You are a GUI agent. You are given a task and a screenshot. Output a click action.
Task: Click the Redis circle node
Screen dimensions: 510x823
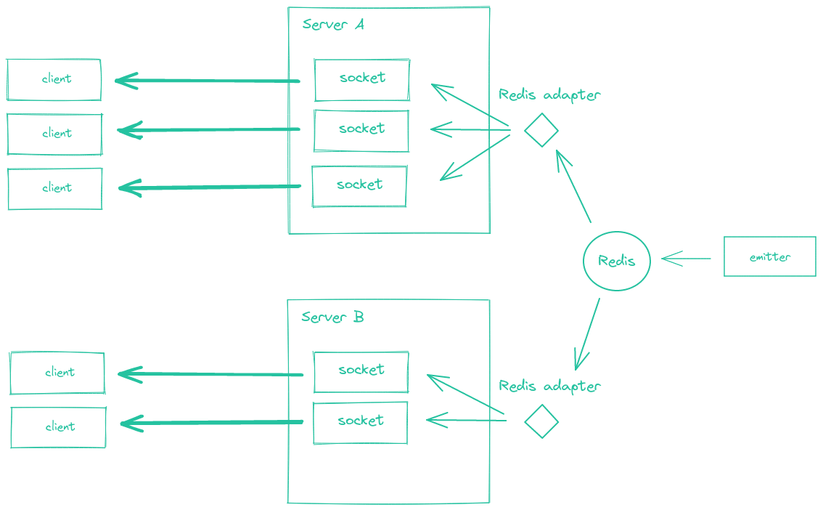point(616,260)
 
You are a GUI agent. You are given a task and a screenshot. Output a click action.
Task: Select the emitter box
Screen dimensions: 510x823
point(769,256)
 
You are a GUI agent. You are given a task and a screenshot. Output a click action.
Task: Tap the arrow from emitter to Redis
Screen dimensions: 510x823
point(686,258)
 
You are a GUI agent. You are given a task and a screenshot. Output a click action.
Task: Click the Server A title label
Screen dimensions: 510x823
point(333,25)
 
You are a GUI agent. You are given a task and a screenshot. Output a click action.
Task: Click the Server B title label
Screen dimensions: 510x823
point(332,317)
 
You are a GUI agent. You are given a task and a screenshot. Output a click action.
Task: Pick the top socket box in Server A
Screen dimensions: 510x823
point(361,79)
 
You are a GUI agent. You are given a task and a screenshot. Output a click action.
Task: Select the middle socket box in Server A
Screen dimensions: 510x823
point(361,130)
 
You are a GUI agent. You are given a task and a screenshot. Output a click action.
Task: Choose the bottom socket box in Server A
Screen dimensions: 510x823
point(359,185)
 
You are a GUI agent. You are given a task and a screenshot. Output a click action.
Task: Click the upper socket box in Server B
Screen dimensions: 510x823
point(361,371)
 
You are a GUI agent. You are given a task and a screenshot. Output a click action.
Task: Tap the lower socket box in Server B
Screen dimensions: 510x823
point(360,422)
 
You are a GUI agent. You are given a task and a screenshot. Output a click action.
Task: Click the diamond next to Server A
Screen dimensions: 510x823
point(541,131)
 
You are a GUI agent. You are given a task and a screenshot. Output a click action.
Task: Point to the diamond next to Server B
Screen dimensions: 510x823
point(541,421)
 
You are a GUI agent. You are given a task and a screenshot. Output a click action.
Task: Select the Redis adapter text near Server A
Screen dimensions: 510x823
point(549,95)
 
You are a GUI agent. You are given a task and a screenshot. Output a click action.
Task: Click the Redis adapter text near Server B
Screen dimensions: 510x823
point(549,386)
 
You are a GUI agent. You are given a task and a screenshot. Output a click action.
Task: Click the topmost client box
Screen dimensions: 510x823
point(54,79)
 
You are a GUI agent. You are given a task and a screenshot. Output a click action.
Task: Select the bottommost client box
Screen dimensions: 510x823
point(58,426)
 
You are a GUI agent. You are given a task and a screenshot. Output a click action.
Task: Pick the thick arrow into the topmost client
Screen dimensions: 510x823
point(207,81)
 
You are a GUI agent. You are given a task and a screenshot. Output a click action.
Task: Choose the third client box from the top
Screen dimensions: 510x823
point(55,188)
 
